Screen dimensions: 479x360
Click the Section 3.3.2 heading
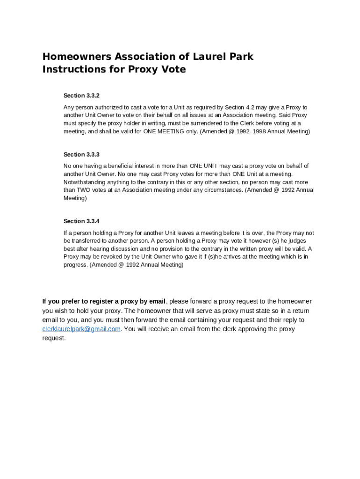tap(81, 95)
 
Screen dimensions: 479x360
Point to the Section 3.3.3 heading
tap(81, 154)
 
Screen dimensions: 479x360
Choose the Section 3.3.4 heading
tap(81, 221)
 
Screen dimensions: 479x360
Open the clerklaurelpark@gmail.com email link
tap(81, 329)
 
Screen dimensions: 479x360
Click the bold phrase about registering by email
tap(104, 301)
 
